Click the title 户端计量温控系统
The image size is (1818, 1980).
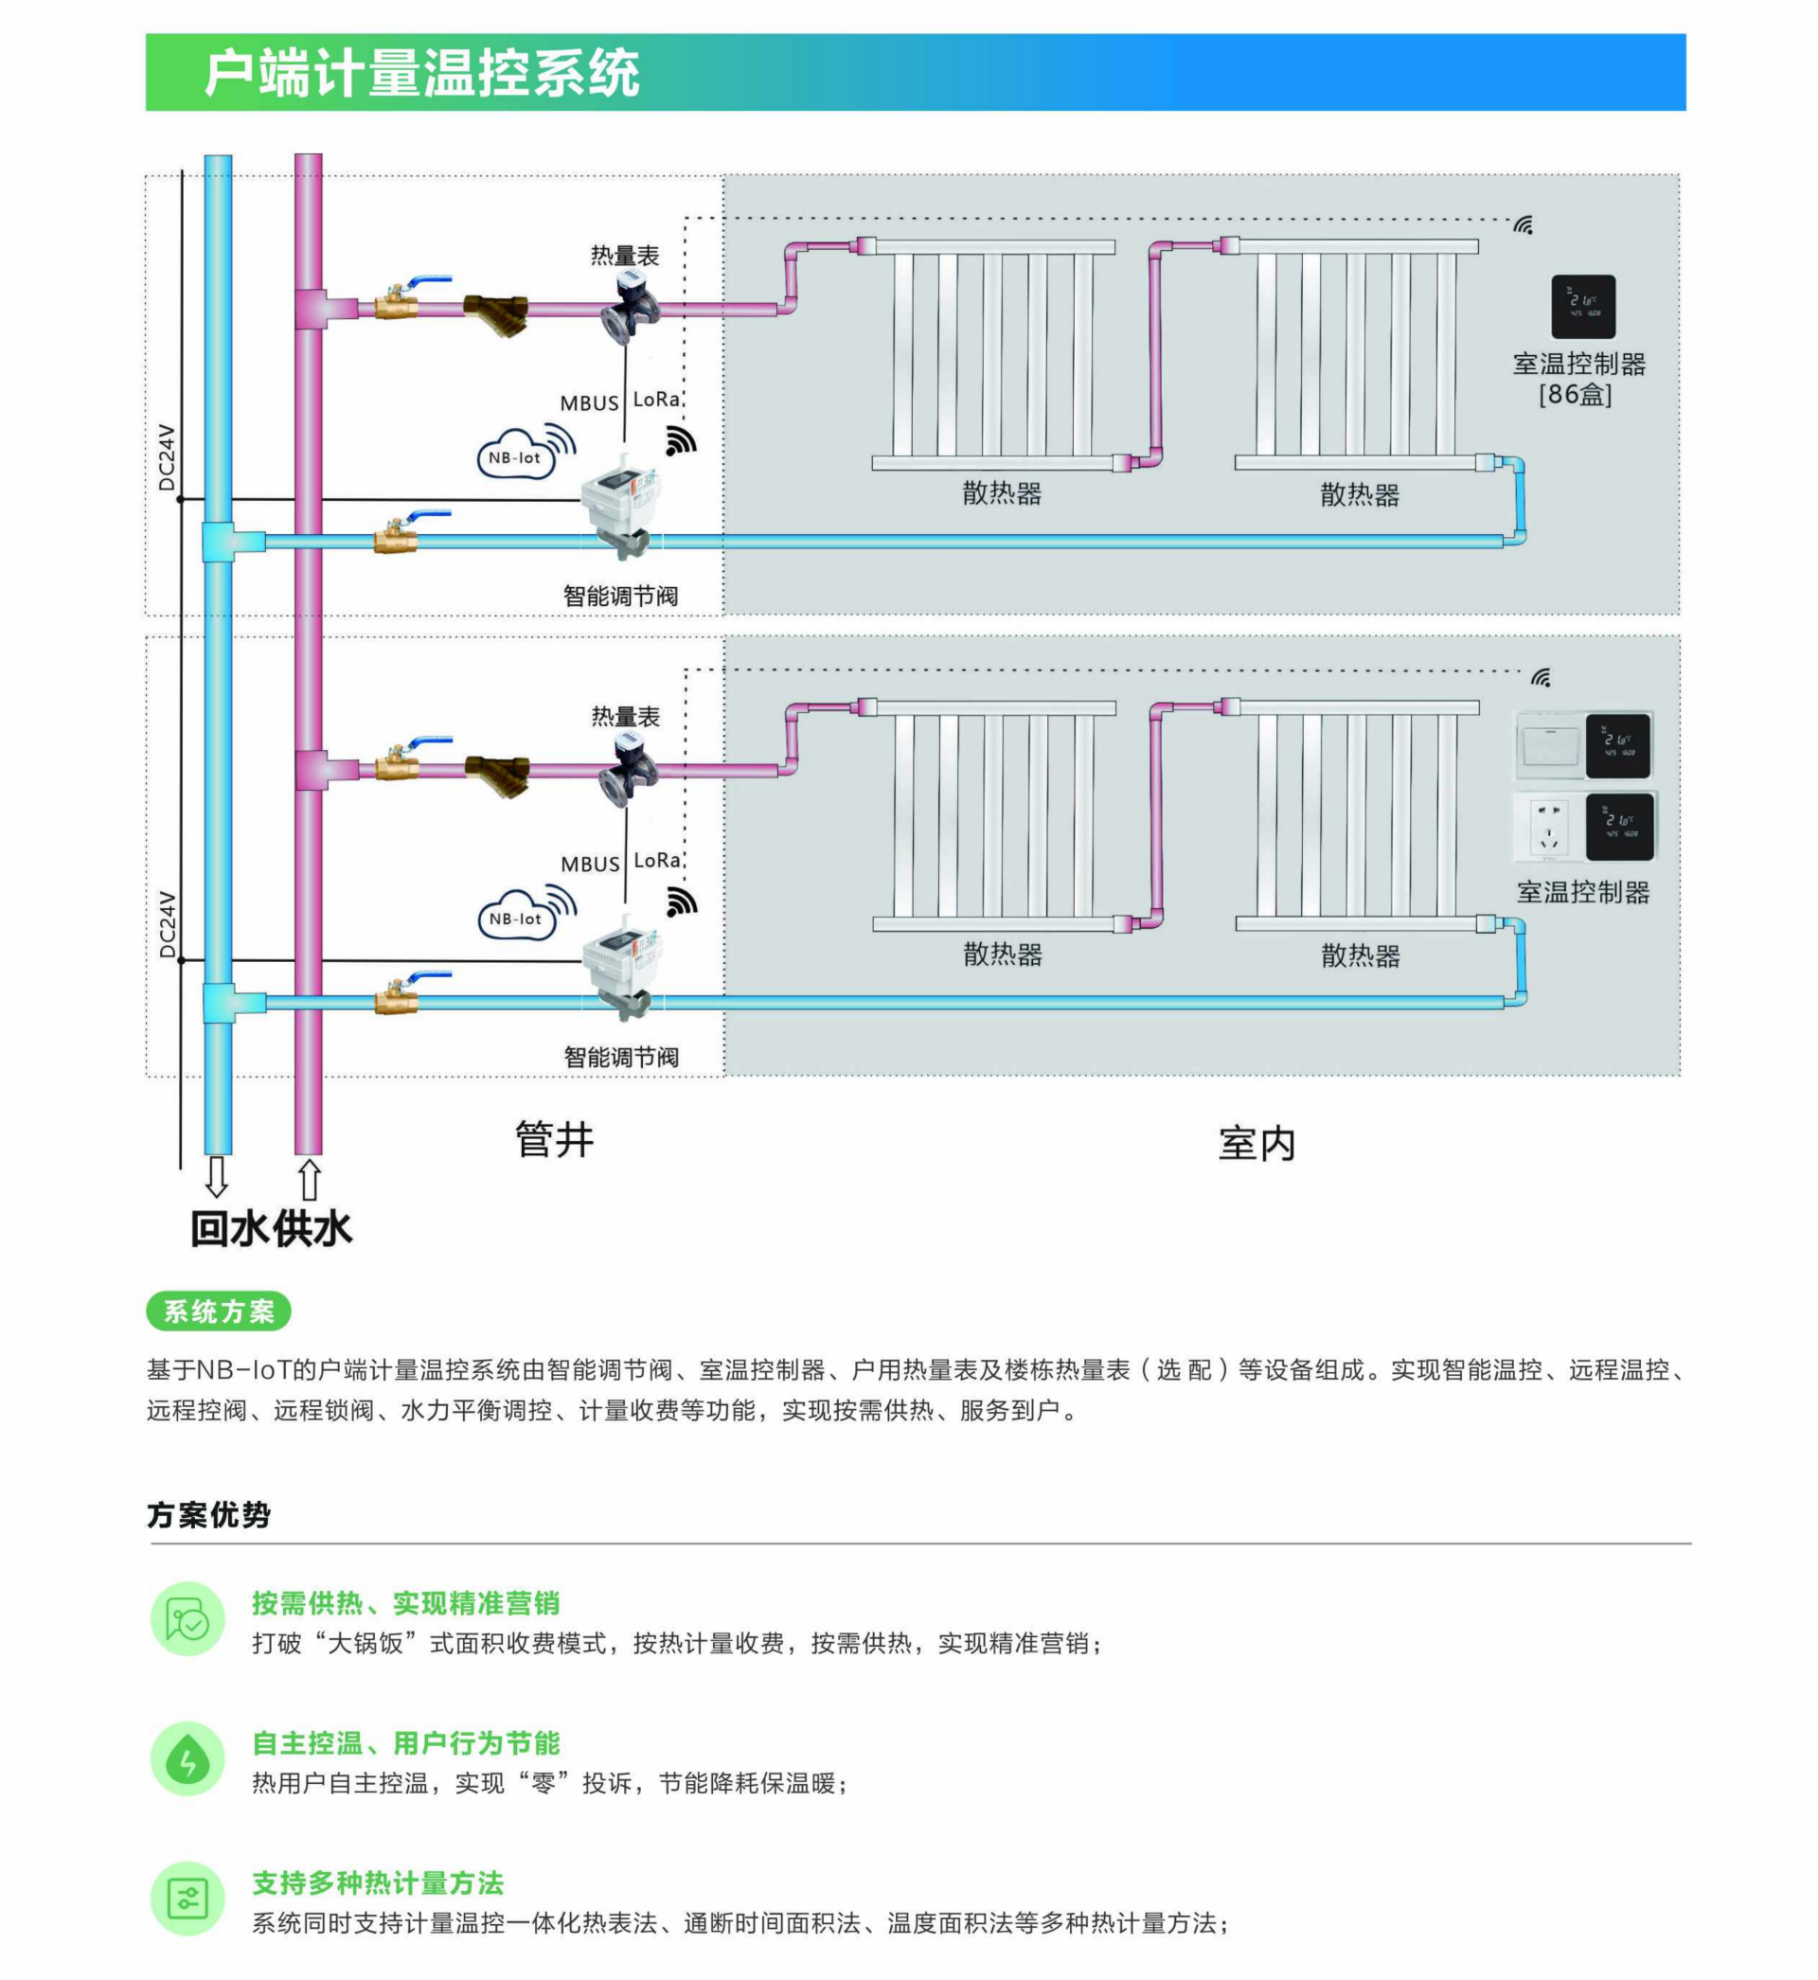422,73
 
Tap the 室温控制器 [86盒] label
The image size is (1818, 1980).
1577,379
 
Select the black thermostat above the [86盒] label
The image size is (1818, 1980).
1583,307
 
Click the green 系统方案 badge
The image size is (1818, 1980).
219,1311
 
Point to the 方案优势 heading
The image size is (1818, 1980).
208,1515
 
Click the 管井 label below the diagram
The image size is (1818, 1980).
555,1139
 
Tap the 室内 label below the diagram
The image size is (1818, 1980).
1257,1143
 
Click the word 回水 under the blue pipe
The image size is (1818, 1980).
230,1228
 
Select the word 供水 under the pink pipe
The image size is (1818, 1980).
312,1228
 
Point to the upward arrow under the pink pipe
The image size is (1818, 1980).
309,1179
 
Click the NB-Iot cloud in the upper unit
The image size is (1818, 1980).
515,455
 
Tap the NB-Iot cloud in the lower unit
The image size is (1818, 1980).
515,917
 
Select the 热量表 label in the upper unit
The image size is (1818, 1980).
625,256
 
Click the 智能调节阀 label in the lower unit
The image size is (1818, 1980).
621,1058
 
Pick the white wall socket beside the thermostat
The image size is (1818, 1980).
1548,826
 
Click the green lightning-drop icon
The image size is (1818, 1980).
187,1757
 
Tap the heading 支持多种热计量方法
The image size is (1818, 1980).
378,1882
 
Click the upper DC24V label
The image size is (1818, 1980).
168,457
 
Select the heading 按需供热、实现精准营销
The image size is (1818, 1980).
405,1603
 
